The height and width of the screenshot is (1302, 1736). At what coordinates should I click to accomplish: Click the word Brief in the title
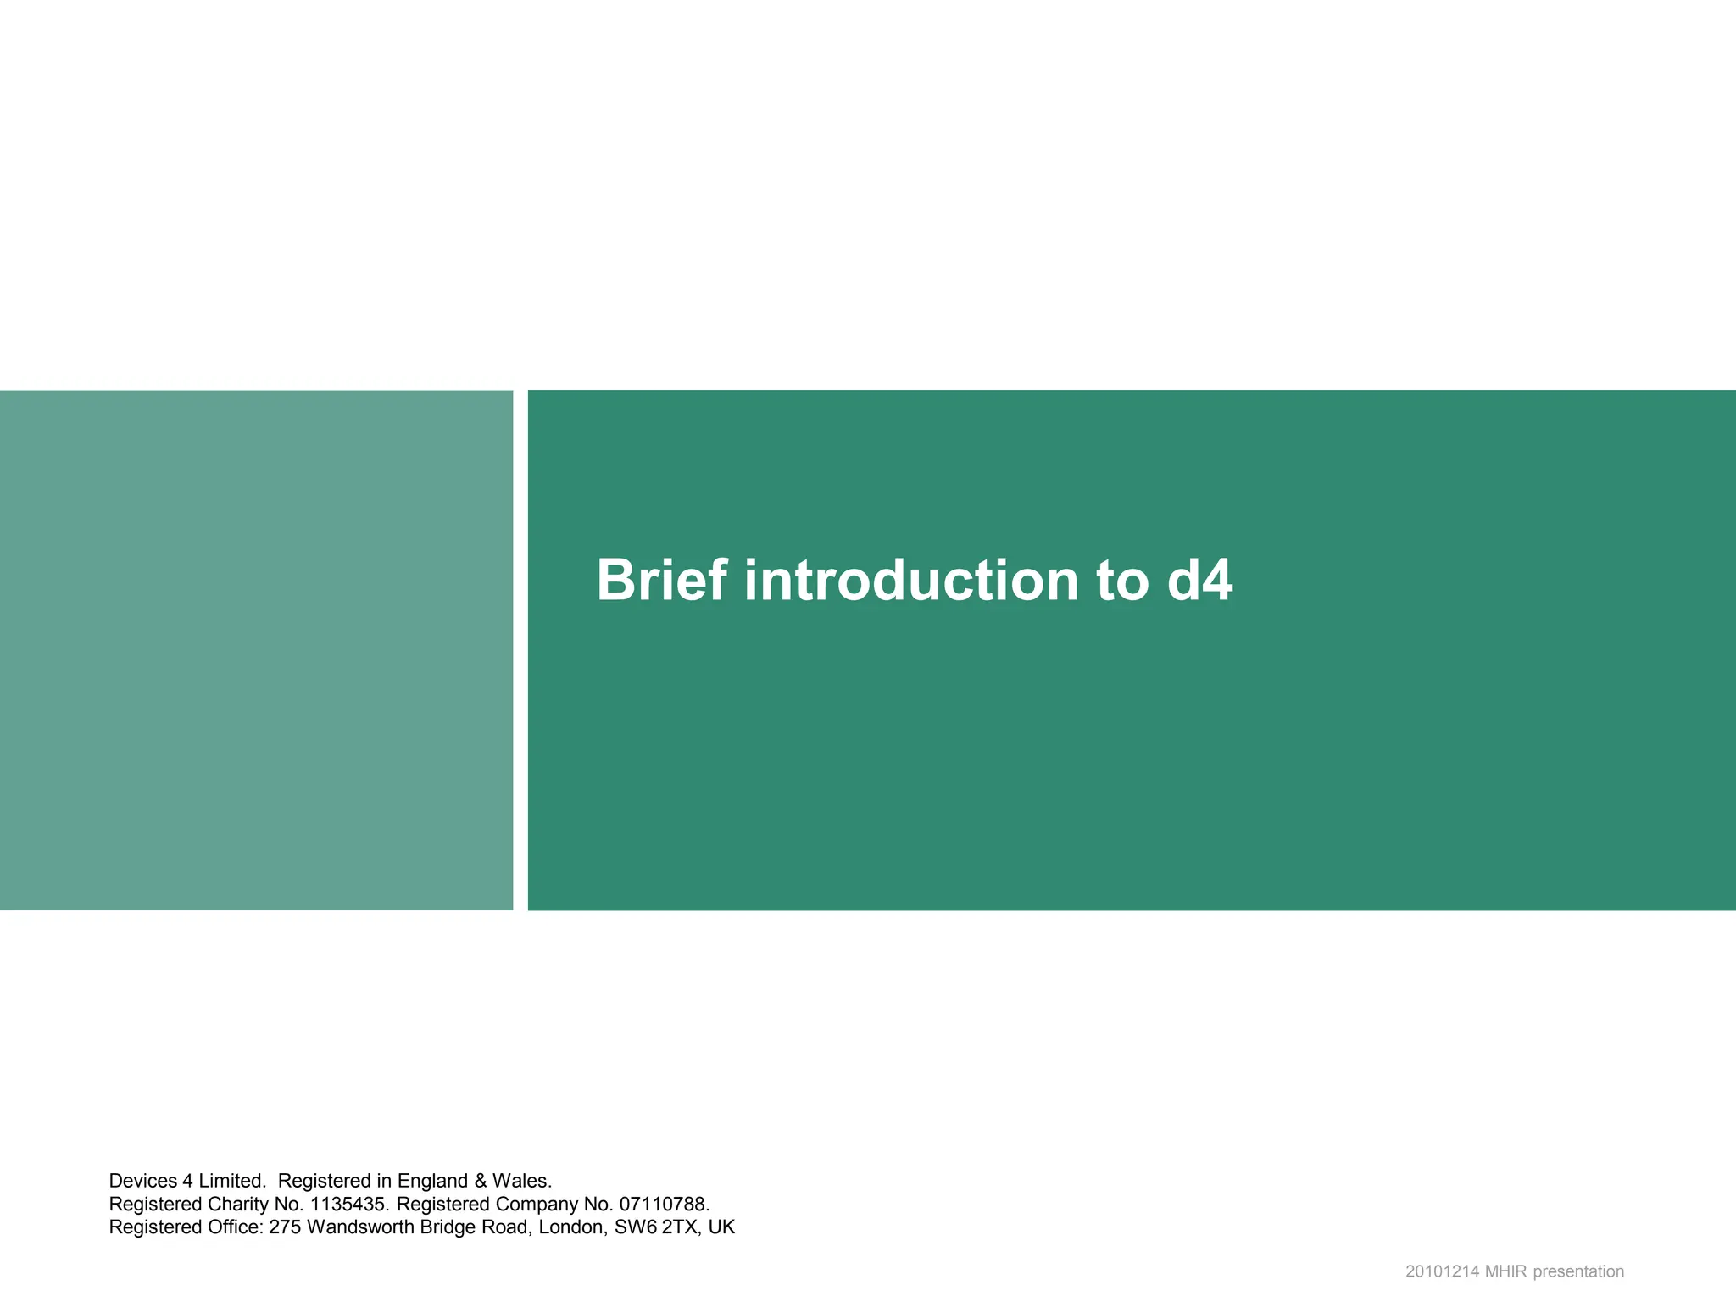tap(661, 581)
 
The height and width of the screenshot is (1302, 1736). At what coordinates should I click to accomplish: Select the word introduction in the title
tap(911, 581)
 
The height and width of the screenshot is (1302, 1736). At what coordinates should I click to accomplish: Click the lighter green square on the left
tap(256, 650)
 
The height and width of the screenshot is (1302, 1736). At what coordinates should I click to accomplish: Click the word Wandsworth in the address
tap(360, 1227)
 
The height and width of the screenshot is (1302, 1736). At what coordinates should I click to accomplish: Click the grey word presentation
tap(1578, 1271)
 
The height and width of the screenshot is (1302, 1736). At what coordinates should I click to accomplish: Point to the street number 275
tap(285, 1227)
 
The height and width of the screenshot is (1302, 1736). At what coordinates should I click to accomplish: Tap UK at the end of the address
tap(721, 1227)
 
